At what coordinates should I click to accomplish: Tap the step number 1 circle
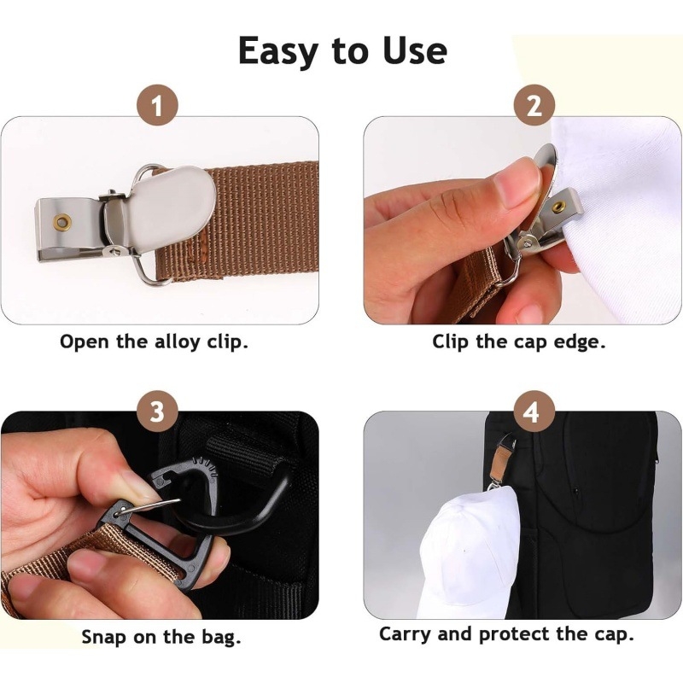pyautogui.click(x=157, y=108)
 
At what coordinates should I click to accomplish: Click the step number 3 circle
pyautogui.click(x=157, y=412)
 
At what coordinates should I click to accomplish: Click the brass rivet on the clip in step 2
pyautogui.click(x=557, y=207)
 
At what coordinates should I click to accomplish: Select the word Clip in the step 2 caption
pyautogui.click(x=452, y=342)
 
